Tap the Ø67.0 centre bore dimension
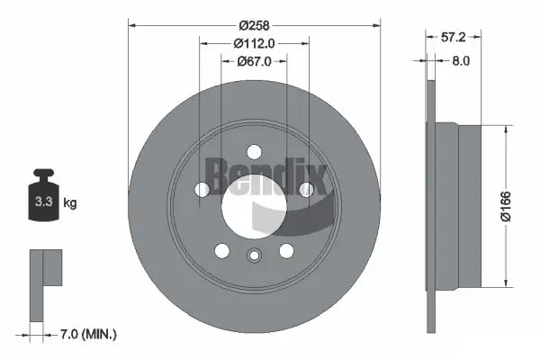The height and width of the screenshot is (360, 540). click(x=254, y=62)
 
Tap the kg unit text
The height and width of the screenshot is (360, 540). click(x=70, y=203)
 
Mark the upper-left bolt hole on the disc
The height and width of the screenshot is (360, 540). click(x=202, y=188)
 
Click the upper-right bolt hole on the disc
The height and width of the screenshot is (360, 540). click(x=306, y=188)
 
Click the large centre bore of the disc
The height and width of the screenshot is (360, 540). click(x=255, y=202)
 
